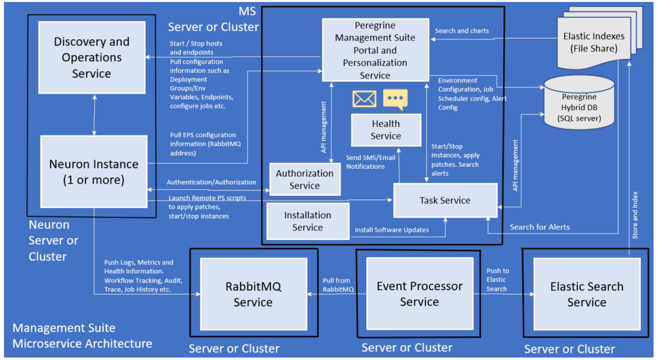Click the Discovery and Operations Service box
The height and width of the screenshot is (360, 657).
coord(91,58)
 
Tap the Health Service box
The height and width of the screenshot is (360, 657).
coord(386,130)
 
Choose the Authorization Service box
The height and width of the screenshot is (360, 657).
coord(304,179)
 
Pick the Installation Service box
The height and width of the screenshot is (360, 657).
coord(307,221)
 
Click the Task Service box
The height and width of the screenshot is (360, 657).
coord(445,200)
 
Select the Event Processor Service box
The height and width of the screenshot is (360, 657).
coord(419,293)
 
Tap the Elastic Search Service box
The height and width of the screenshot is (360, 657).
coord(586,294)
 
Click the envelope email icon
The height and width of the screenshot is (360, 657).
coord(364,99)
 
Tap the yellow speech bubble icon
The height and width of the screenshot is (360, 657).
coord(395,99)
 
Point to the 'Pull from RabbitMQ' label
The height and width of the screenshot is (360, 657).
coord(337,284)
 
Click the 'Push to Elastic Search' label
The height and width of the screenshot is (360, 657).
coord(497,280)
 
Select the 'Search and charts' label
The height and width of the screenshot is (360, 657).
coord(461,31)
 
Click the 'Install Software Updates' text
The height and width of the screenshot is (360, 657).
coord(391,229)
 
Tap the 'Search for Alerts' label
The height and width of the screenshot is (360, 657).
coord(539,227)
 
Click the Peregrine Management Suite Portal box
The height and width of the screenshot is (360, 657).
coord(375,49)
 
